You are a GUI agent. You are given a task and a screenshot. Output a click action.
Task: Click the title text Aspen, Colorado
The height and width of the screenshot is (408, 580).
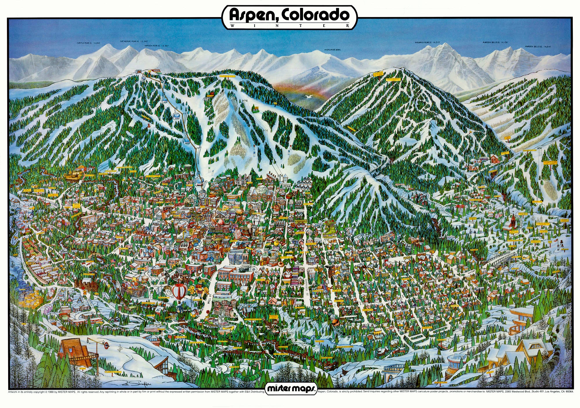pyautogui.click(x=289, y=15)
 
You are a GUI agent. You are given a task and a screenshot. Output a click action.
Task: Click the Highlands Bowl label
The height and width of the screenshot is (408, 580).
pyautogui.click(x=333, y=50)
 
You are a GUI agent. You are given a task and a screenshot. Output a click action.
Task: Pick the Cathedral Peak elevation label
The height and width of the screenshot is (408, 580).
pyautogui.click(x=132, y=41)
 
